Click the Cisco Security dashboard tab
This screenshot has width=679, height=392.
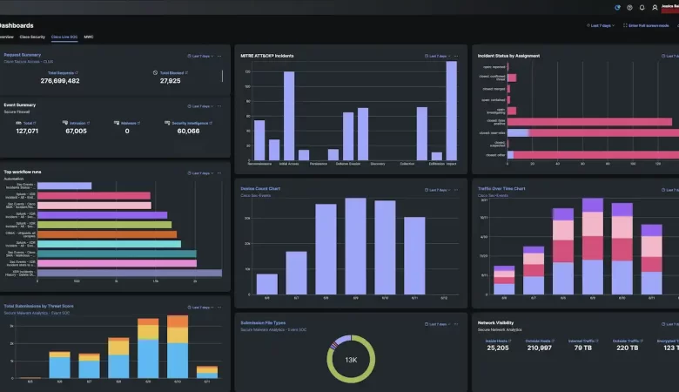click(32, 37)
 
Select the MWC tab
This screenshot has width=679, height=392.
click(89, 37)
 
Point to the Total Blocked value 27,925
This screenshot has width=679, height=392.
click(171, 81)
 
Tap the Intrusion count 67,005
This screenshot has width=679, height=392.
click(76, 131)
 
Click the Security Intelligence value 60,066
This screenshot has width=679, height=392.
click(188, 131)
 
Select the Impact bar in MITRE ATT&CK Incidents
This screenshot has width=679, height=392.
click(451, 112)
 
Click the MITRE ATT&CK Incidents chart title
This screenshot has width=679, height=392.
click(267, 56)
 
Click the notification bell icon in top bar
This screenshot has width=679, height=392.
click(642, 7)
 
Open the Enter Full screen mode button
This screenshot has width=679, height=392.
click(648, 25)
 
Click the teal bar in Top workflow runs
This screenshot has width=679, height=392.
click(109, 243)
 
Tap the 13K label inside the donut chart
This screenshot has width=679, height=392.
click(350, 360)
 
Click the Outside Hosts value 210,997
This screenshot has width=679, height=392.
click(539, 348)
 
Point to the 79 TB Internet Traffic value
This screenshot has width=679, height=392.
click(582, 348)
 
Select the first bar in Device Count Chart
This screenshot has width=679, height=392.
click(267, 284)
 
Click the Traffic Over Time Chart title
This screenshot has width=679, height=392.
click(501, 188)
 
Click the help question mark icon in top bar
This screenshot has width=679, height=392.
click(629, 7)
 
